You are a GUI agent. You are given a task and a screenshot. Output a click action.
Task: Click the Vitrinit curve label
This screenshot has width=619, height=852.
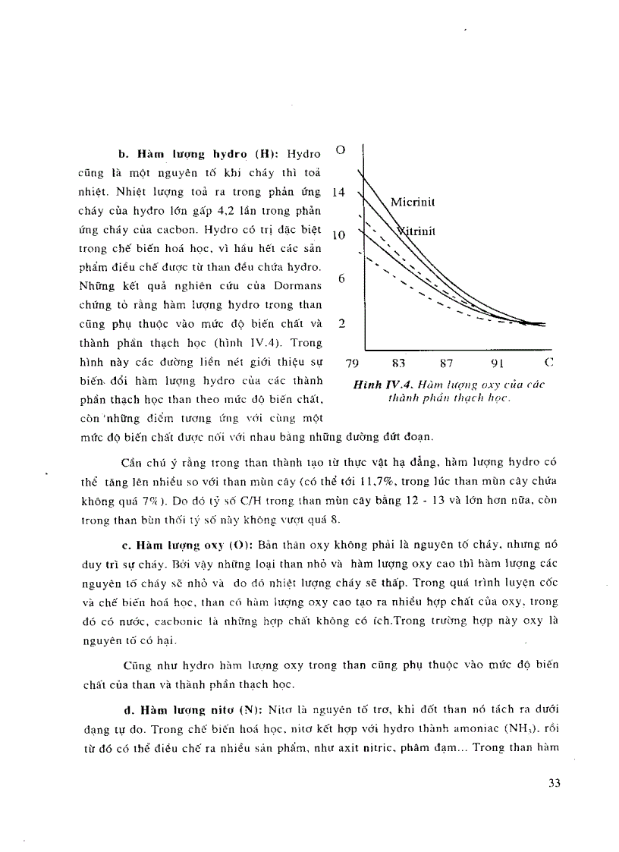coord(416,231)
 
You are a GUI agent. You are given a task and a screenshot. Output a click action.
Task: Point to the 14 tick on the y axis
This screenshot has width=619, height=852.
coord(338,193)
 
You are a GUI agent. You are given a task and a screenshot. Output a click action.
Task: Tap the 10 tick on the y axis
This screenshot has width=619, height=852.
coord(338,236)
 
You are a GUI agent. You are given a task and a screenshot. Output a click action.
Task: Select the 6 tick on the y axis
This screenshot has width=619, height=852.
coord(341,279)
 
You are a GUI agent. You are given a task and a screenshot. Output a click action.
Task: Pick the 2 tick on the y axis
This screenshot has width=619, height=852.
coord(341,323)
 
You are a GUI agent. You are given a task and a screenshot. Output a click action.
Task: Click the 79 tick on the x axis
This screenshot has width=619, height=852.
coord(353,363)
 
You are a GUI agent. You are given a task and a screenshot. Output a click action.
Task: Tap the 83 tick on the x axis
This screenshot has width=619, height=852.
coord(400,363)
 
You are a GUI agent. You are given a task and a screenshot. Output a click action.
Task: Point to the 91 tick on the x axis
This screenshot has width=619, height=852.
coord(497,363)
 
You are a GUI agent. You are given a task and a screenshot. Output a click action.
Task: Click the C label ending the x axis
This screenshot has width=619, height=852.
coord(548,363)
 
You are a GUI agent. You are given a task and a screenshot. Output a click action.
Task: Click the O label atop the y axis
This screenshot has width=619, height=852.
coord(341,149)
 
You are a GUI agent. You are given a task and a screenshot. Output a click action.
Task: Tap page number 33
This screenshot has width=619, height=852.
coord(554,783)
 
